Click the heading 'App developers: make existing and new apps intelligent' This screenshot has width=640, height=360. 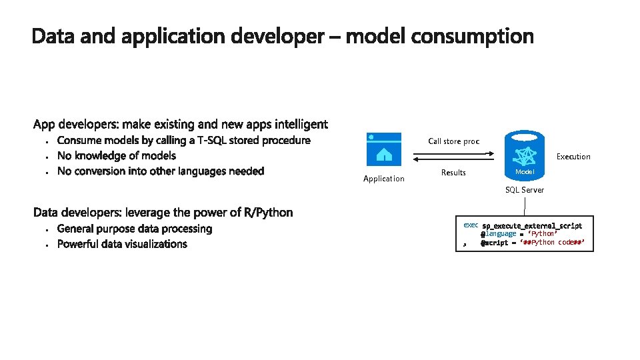(x=180, y=124)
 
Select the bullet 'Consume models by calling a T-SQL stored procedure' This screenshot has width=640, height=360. (x=183, y=140)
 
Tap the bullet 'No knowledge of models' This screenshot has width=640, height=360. (x=117, y=155)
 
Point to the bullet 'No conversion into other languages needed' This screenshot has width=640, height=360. (x=161, y=171)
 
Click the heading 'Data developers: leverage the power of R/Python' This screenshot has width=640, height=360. (x=163, y=213)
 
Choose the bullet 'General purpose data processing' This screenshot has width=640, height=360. (x=135, y=229)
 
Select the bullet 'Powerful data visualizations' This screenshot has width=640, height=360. (x=122, y=244)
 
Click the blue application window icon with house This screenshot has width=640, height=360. (x=384, y=149)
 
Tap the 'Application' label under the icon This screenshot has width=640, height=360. (x=383, y=179)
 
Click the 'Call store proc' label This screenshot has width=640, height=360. (x=453, y=141)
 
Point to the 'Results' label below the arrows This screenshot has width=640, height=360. (x=453, y=173)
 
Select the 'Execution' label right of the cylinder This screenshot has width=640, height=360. (x=573, y=157)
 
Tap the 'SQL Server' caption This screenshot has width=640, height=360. (x=524, y=190)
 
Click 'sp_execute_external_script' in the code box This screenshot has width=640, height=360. (x=532, y=226)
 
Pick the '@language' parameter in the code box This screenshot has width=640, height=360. (x=498, y=234)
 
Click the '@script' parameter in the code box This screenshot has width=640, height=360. (x=494, y=243)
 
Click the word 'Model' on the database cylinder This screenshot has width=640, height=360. (x=525, y=173)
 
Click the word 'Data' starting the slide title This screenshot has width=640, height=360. (x=53, y=37)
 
